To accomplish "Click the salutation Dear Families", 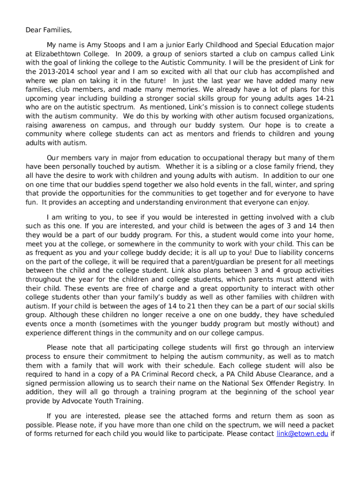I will pyautogui.click(x=49, y=30).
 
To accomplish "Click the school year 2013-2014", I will pyautogui.click(x=58, y=72).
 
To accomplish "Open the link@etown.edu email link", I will pyautogui.click(x=302, y=434).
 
